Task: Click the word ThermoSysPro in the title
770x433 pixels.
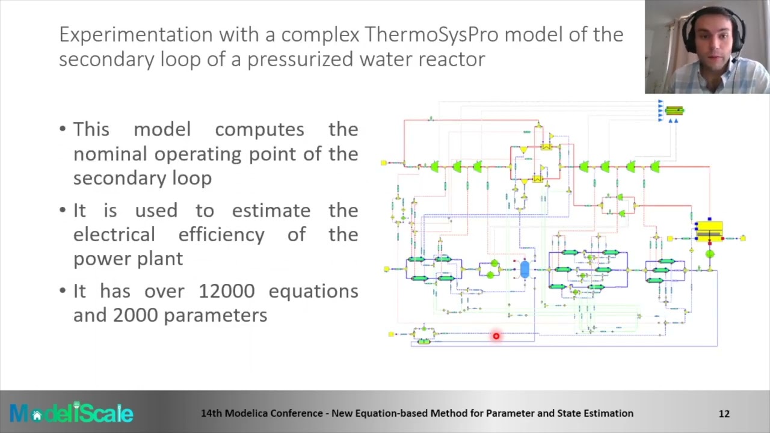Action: click(x=431, y=35)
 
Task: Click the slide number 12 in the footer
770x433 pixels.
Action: click(x=724, y=413)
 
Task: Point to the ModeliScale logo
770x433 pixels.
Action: click(x=71, y=413)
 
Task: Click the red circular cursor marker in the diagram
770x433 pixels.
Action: click(x=496, y=336)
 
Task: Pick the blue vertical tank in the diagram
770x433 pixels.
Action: click(x=525, y=269)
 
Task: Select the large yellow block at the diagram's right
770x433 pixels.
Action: click(x=709, y=230)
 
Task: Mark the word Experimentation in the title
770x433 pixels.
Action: click(x=135, y=35)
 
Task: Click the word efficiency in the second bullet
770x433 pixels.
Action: click(x=221, y=235)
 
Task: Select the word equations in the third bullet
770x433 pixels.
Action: click(x=313, y=291)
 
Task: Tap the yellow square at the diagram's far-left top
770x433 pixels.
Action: click(x=383, y=163)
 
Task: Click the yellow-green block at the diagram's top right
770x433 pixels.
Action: click(x=674, y=111)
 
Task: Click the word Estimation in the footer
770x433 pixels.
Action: click(x=608, y=413)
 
